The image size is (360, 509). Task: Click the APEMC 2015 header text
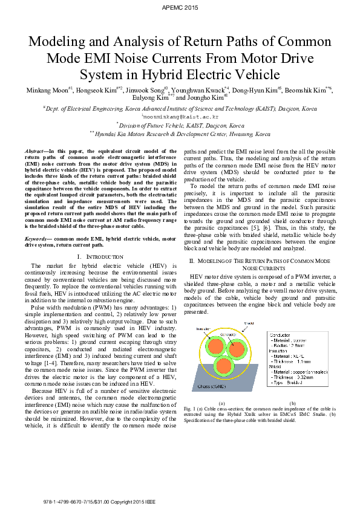coord(180,7)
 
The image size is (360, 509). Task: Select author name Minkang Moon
coord(47,90)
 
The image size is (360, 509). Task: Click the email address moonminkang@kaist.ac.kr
coord(180,115)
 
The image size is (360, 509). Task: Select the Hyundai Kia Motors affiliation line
coord(180,134)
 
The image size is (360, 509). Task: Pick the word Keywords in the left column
coord(37,239)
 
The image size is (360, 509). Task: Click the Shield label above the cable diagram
coord(248,324)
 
